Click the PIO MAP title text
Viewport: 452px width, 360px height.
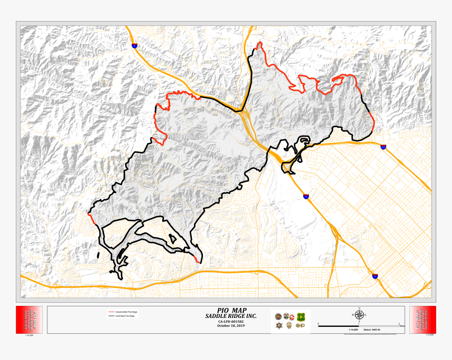[231, 310]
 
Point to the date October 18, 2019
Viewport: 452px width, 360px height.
[231, 326]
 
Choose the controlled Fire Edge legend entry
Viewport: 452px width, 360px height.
[125, 316]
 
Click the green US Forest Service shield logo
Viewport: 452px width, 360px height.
[301, 317]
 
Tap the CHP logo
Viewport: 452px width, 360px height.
[301, 326]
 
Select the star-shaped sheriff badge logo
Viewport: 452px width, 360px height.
[279, 326]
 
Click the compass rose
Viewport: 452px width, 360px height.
[359, 316]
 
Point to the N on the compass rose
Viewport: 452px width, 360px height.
[359, 308]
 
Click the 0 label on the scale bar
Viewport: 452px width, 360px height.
[319, 324]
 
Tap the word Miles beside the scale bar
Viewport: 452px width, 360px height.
[402, 326]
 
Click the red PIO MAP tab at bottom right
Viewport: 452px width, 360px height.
[422, 320]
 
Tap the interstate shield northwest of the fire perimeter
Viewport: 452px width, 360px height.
[135, 46]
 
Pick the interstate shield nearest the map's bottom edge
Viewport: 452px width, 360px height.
[375, 275]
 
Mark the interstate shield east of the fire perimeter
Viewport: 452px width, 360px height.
[383, 147]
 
